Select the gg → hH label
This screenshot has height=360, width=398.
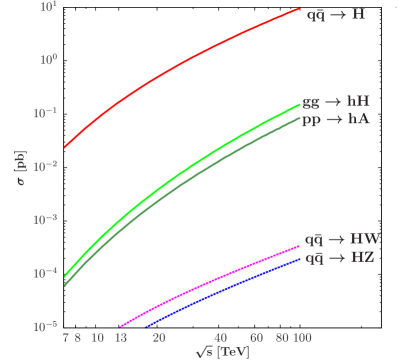[336, 101]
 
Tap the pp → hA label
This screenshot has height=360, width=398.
[336, 118]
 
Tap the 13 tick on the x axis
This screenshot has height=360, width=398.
[121, 338]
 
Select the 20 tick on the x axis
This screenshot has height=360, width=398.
[159, 338]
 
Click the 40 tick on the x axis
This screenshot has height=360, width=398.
[220, 338]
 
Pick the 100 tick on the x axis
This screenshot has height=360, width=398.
[300, 338]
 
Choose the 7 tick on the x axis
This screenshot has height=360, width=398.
[65, 338]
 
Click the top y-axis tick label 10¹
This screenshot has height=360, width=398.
[48, 7]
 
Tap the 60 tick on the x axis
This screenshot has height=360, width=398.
[256, 338]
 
